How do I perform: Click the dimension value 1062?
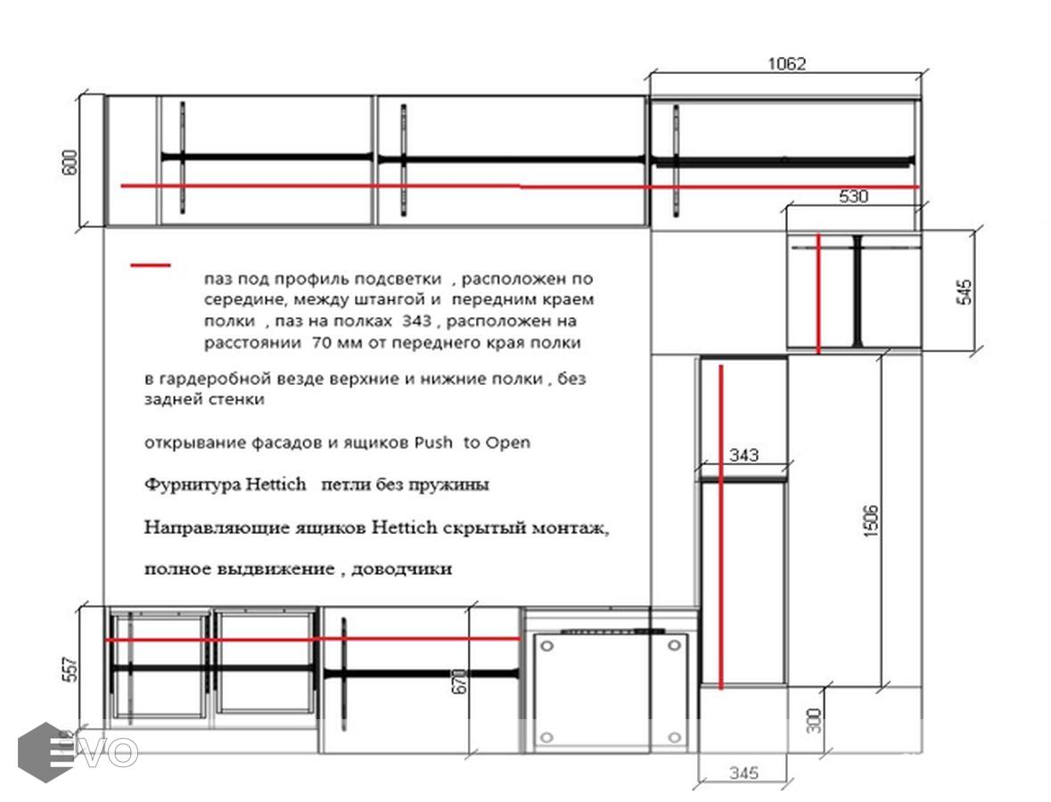(x=786, y=63)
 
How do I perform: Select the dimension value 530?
(x=853, y=196)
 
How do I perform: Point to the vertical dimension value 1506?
(x=871, y=520)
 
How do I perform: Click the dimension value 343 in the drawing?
(x=743, y=455)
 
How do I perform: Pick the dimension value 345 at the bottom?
(x=743, y=773)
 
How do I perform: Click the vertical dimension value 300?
(x=814, y=720)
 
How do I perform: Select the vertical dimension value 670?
(x=460, y=682)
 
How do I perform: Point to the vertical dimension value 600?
(x=70, y=163)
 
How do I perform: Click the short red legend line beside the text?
(x=150, y=266)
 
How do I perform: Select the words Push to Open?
(x=472, y=442)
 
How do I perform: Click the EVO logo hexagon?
(x=45, y=752)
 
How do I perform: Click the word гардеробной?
(x=213, y=380)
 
